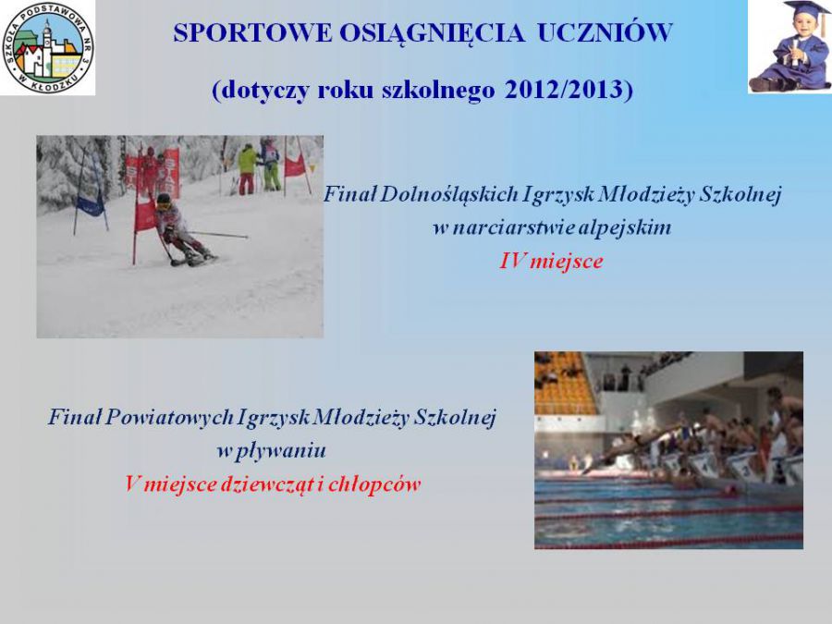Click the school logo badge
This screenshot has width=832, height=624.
pos(48,48)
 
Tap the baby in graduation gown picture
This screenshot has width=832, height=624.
pos(790,47)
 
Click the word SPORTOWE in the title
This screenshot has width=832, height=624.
pos(252,33)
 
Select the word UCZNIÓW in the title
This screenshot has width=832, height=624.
pos(605,33)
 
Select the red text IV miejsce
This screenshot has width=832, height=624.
pos(551,261)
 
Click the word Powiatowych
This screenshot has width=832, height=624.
pos(169,418)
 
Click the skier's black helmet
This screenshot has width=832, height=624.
pos(164,199)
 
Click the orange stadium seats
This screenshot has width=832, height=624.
pos(565,383)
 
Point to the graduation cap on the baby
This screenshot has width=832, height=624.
pos(806,10)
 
